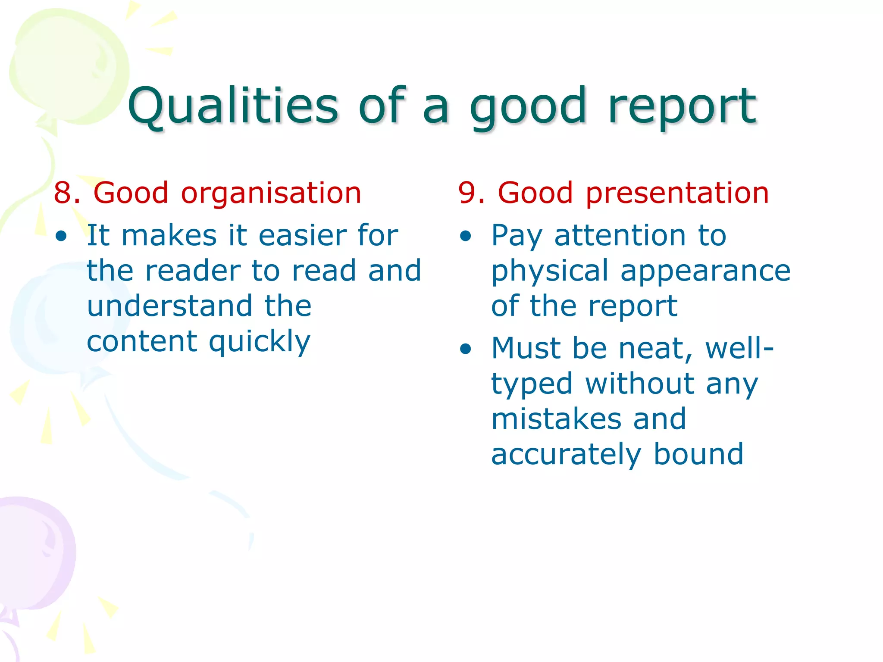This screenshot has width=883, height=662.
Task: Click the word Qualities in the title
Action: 233,106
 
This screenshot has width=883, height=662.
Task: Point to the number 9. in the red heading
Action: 472,193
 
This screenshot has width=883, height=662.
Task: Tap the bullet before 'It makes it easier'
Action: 61,236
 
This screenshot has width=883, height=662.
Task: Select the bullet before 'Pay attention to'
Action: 466,236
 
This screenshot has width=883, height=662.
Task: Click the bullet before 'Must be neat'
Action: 466,349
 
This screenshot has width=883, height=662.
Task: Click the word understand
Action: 169,306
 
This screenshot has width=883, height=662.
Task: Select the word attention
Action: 620,236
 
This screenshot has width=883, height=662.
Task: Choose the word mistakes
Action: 556,419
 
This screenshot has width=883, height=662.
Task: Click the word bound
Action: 698,454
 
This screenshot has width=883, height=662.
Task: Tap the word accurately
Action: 566,455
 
